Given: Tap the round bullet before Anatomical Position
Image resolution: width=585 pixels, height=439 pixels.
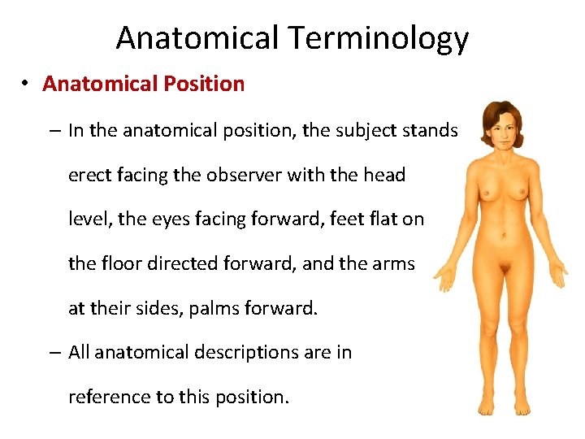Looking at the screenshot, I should tap(27, 84).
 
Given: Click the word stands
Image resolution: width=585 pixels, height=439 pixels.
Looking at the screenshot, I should tap(431, 130).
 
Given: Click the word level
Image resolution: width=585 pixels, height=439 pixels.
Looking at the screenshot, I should tap(86, 219).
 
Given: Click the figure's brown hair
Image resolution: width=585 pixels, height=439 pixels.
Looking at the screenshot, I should tap(503, 114).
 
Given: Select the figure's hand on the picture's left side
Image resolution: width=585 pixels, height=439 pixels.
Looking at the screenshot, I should tap(446, 276).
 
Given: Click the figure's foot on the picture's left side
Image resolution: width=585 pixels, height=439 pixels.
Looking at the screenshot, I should tap(487, 406).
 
